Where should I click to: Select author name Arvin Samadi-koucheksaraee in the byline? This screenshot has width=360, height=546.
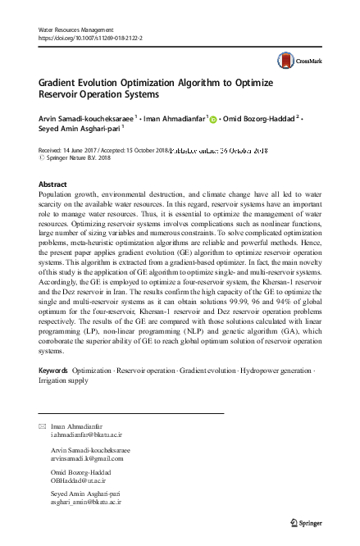tap(88, 118)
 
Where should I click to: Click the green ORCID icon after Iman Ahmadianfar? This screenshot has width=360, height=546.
tap(214, 119)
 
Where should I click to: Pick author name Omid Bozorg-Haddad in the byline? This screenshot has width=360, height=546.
tap(259, 118)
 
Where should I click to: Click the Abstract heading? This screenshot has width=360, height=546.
tap(52, 184)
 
